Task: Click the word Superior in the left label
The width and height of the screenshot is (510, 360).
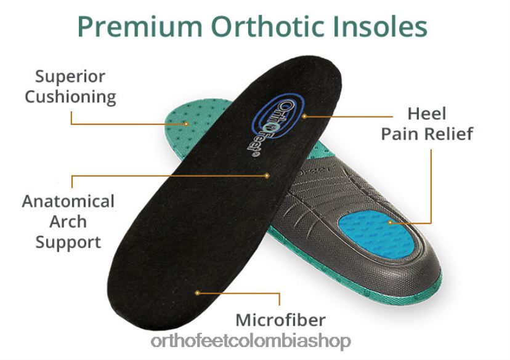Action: tap(70, 77)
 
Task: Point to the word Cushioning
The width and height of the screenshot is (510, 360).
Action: tap(70, 97)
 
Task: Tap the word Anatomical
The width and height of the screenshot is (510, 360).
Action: tap(68, 201)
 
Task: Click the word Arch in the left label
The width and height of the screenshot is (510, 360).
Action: tap(68, 222)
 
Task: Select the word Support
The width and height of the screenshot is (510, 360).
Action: tap(68, 242)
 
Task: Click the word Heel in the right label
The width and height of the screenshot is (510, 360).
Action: tap(427, 114)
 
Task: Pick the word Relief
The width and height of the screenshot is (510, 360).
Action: tap(450, 134)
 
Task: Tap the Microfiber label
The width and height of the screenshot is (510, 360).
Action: tap(280, 320)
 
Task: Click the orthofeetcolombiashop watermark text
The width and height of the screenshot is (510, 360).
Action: tap(251, 342)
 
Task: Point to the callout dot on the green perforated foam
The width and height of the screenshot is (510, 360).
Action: tap(186, 124)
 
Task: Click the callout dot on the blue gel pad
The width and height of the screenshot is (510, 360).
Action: tap(391, 223)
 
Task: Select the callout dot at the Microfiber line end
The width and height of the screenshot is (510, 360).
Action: tap(197, 293)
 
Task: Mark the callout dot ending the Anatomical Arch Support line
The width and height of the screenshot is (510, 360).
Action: tap(267, 175)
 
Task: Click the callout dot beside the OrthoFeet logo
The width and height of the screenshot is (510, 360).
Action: tap(304, 116)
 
